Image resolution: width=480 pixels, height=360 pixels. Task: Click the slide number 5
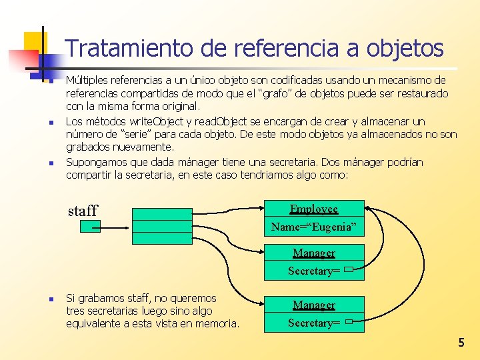(461, 343)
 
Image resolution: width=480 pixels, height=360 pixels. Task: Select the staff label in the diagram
(83, 211)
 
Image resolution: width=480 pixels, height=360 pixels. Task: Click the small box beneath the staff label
(90, 227)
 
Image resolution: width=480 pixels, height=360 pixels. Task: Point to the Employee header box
(314, 209)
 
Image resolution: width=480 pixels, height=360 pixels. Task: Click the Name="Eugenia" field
(314, 227)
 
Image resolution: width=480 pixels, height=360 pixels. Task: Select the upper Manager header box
(314, 253)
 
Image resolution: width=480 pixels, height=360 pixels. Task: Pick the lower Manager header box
(314, 305)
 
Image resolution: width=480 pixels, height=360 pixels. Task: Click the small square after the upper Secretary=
(349, 270)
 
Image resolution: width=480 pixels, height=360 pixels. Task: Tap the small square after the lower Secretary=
(349, 322)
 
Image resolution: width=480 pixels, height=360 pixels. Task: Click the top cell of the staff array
(162, 214)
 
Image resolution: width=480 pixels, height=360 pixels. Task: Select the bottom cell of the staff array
(162, 239)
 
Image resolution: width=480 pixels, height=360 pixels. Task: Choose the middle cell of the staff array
(162, 227)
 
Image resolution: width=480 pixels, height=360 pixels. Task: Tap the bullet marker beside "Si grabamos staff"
(41, 299)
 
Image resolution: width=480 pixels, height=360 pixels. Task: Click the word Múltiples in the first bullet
(87, 80)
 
